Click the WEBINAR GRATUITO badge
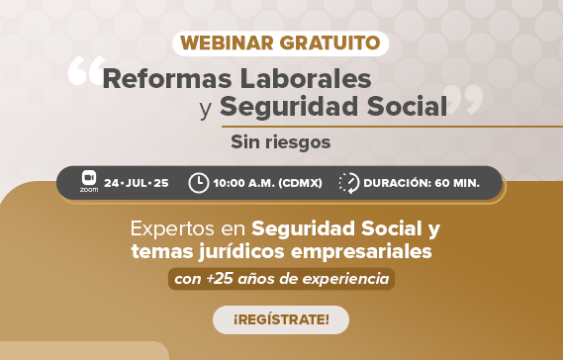[280, 44]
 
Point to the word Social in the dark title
[405, 106]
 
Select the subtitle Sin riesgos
[281, 141]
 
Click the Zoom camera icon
[89, 179]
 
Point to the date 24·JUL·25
[136, 183]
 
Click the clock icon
[198, 183]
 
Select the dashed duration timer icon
[349, 183]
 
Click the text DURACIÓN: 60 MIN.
[422, 183]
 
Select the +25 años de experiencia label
[281, 278]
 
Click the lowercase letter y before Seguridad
[206, 108]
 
